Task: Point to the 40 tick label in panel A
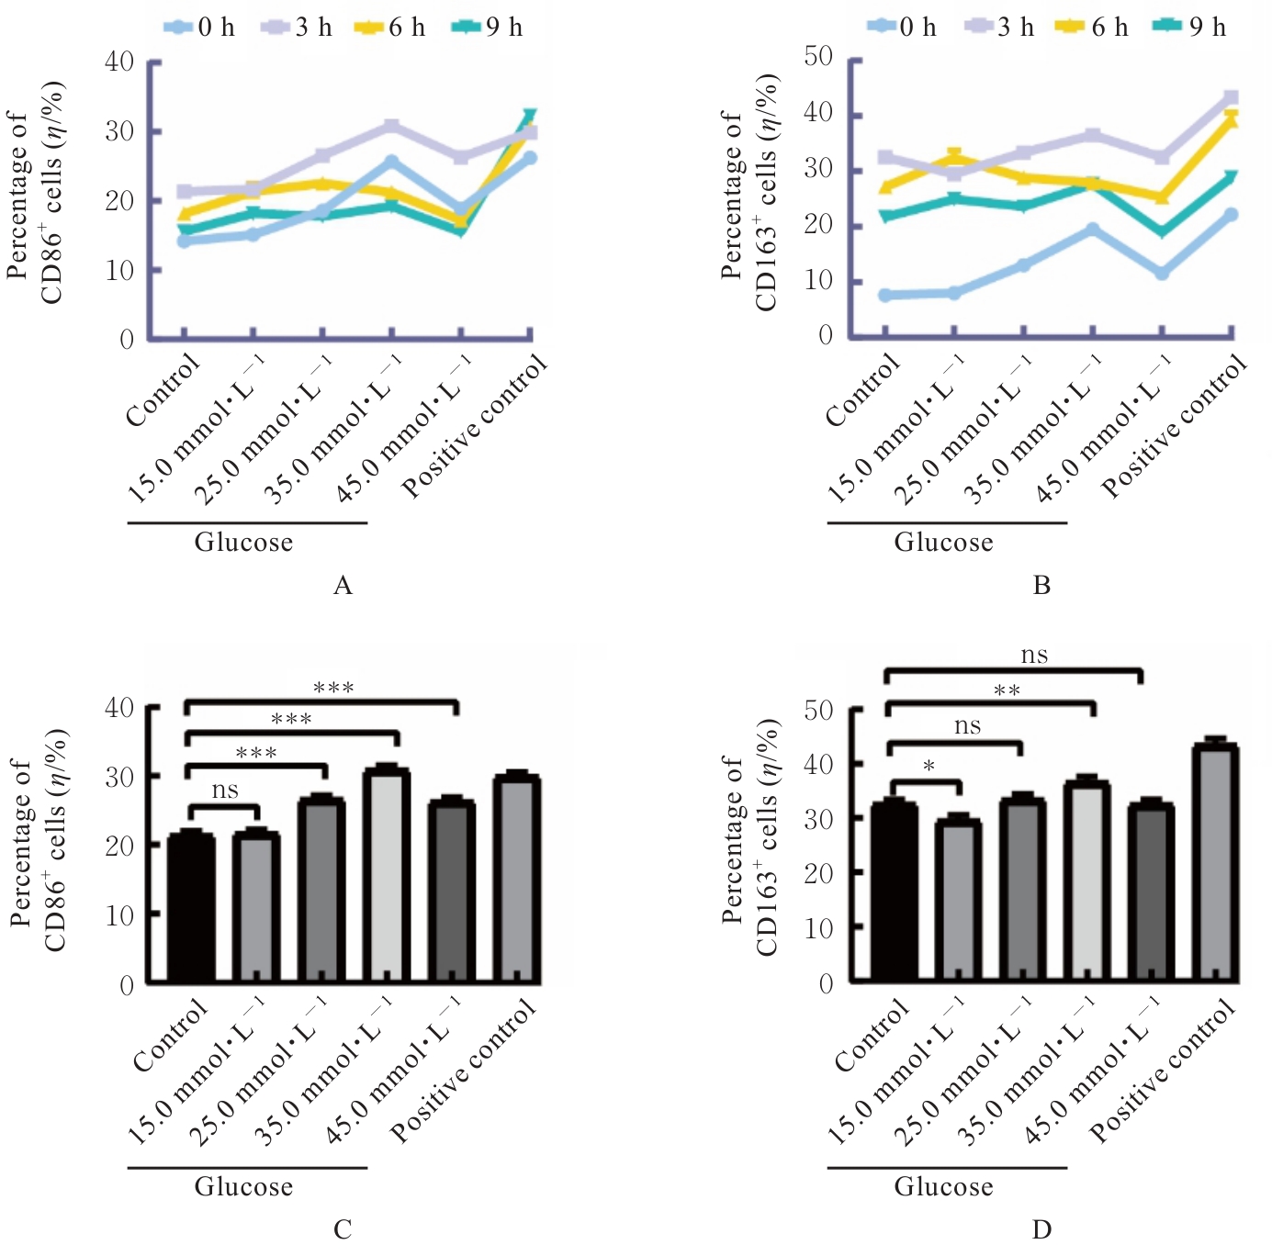point(120,62)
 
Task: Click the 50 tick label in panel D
point(818,710)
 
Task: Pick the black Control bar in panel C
point(191,909)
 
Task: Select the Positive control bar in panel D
point(1215,863)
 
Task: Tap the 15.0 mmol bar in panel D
point(958,900)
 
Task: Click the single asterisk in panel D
point(929,766)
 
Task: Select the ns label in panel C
point(225,791)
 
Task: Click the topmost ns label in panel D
point(1034,656)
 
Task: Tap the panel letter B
point(1041,586)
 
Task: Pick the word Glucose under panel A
point(243,543)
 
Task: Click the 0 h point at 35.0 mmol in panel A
point(392,163)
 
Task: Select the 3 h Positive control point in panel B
point(1232,97)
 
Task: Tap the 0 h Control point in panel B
point(885,296)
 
